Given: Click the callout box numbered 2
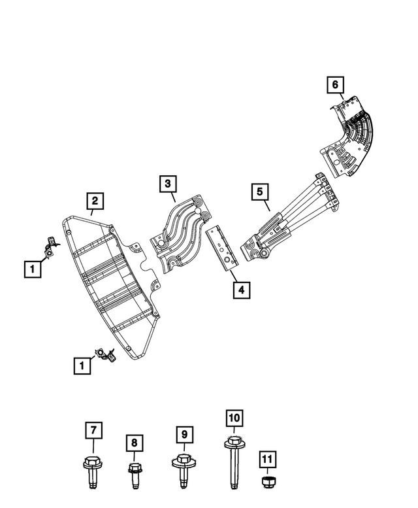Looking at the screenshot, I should (95, 200).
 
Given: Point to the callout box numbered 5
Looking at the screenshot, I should (259, 192).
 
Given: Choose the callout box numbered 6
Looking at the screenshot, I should (334, 84).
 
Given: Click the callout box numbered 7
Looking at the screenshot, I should (93, 430).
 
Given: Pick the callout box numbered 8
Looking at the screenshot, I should (134, 444).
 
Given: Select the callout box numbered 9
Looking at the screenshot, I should (185, 433).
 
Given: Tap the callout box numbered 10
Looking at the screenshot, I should (234, 417).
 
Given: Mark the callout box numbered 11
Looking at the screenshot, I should (268, 459).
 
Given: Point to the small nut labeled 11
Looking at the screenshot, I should (267, 483).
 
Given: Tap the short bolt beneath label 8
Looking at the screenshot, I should (134, 475).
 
